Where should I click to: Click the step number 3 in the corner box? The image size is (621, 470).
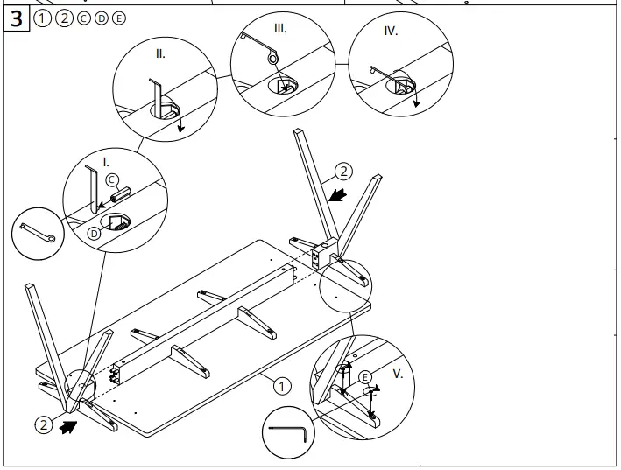[18, 19]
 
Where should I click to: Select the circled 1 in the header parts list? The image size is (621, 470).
[43, 19]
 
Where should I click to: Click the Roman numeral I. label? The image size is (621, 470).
[106, 162]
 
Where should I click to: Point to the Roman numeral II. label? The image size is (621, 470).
[160, 53]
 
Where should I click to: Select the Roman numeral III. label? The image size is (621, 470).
[280, 28]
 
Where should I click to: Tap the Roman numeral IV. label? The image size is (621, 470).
[391, 31]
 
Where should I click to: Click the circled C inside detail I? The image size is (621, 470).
[112, 180]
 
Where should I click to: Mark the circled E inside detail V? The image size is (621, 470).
[366, 375]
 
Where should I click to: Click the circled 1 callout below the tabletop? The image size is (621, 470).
[281, 384]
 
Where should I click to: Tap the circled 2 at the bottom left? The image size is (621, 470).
[43, 425]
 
